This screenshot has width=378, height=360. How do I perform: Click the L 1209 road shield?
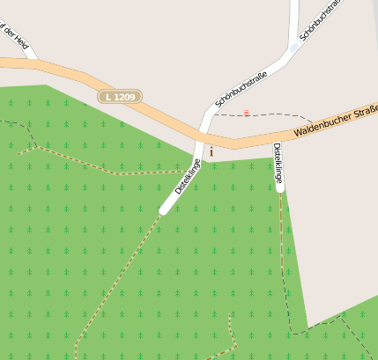point(119,96)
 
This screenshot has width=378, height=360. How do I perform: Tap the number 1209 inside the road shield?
point(124,96)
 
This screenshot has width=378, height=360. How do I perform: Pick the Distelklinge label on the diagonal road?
point(188,176)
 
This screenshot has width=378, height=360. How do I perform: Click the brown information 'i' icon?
point(211,152)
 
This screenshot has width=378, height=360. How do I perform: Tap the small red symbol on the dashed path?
point(247,113)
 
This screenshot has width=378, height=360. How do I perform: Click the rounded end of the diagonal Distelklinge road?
point(164,209)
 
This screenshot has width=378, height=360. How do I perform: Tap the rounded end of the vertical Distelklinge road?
point(279,187)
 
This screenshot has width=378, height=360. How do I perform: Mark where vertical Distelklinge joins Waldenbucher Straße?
point(276,140)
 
